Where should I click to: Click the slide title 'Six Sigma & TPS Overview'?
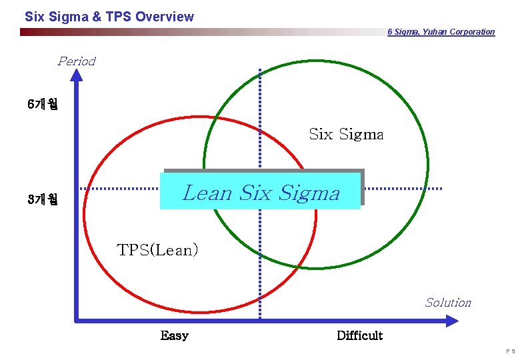109,17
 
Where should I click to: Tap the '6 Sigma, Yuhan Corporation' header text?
441,32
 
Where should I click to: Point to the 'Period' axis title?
77,61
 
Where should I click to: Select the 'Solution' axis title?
448,303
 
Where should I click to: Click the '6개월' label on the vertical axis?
43,105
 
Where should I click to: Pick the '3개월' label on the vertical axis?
43,199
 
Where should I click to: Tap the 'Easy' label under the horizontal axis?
175,335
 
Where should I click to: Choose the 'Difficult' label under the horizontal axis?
359,335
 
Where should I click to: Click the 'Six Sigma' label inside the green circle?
346,134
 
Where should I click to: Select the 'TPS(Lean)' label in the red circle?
158,250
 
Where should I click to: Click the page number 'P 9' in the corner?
509,351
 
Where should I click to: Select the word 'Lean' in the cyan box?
207,193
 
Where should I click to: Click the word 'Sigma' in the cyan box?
309,193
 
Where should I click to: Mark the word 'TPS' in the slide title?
119,17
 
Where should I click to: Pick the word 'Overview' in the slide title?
165,17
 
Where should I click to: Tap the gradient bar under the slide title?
200,32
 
